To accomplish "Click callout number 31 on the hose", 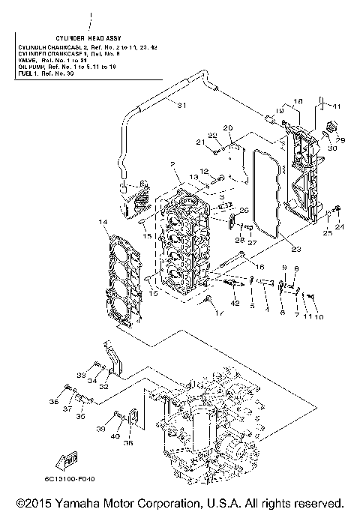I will click(x=180, y=105).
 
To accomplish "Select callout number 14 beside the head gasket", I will click(x=103, y=222).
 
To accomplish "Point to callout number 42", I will click(x=235, y=303).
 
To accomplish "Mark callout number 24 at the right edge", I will click(x=340, y=227).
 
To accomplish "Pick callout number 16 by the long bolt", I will click(x=260, y=267).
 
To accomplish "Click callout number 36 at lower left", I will click(x=53, y=403).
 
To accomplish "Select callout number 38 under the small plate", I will click(x=128, y=443).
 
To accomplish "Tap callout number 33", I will click(x=78, y=375).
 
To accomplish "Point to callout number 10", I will click(x=318, y=317).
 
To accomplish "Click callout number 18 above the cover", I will click(x=298, y=101).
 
